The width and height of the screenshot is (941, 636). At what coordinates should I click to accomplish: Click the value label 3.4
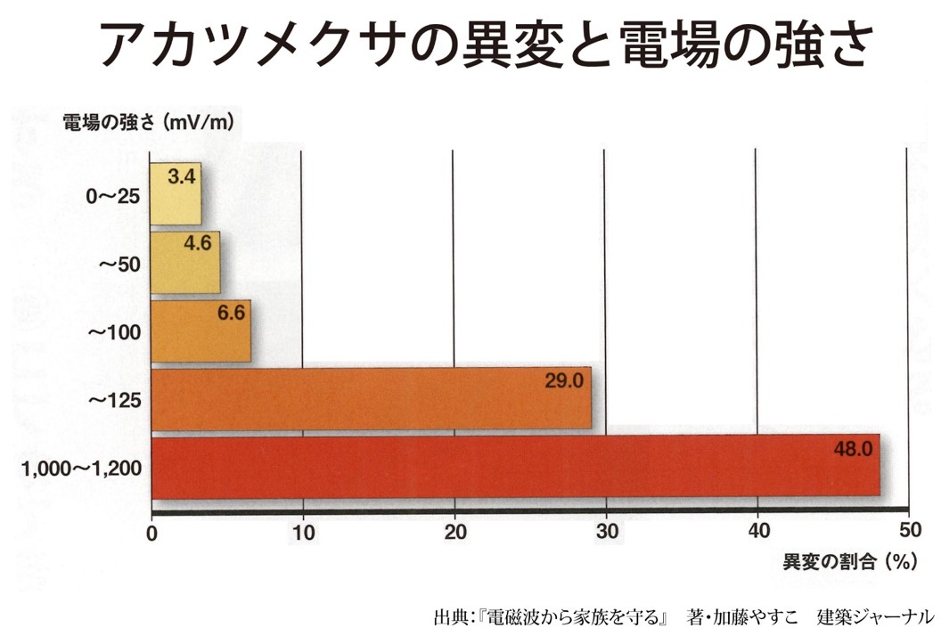pyautogui.click(x=181, y=176)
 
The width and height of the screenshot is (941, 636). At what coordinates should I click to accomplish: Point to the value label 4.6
pyautogui.click(x=198, y=243)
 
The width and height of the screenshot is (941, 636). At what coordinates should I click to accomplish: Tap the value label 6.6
pyautogui.click(x=230, y=312)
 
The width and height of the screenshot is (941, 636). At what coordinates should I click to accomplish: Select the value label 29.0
pyautogui.click(x=563, y=381)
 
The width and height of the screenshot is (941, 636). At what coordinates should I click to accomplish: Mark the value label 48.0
pyautogui.click(x=852, y=448)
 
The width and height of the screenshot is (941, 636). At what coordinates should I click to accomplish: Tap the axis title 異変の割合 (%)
pyautogui.click(x=850, y=562)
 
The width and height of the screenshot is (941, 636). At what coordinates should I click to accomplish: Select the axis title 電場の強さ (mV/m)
pyautogui.click(x=148, y=122)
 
